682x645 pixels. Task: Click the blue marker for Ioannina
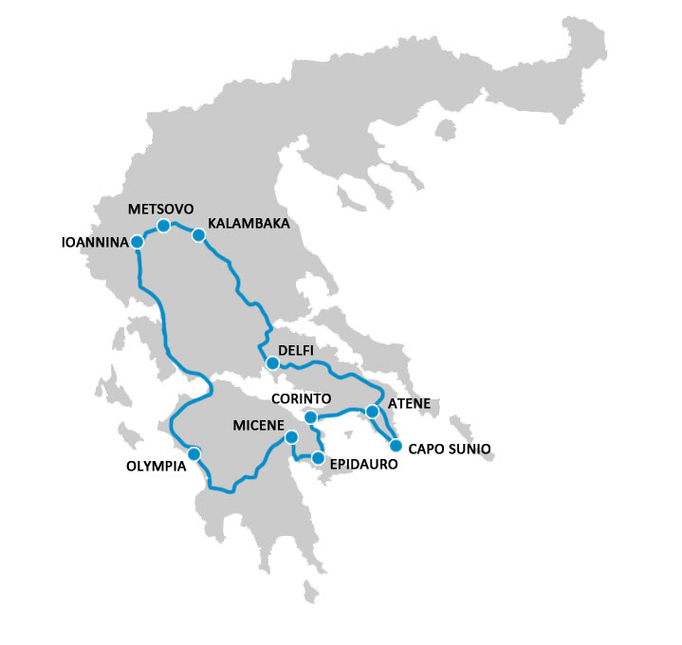click(137, 242)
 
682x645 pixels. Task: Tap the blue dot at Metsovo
click(163, 226)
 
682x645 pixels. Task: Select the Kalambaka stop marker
click(198, 235)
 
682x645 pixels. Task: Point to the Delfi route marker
click(272, 363)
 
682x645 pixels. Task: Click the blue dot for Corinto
click(310, 417)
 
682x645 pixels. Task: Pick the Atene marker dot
click(371, 412)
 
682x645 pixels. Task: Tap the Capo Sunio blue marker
click(396, 445)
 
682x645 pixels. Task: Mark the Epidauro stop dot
click(318, 458)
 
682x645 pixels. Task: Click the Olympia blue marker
click(194, 454)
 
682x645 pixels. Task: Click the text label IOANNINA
click(94, 243)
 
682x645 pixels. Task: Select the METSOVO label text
click(161, 208)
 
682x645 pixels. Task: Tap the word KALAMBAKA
click(248, 224)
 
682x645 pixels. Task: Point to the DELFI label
click(295, 351)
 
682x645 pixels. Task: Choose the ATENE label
click(410, 404)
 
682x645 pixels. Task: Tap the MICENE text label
click(258, 427)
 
